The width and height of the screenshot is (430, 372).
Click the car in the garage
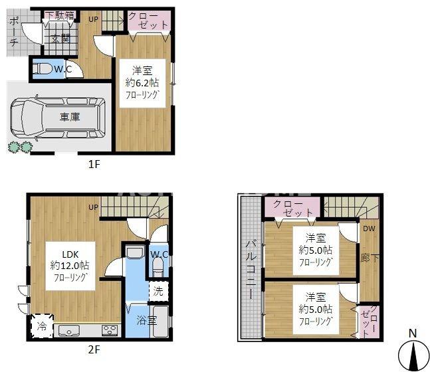coord(56,118)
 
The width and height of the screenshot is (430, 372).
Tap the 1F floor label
coord(94,164)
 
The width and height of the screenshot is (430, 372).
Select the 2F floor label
coord(93,349)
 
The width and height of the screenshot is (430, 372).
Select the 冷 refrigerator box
coord(42,326)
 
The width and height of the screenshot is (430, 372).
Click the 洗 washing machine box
coord(158,290)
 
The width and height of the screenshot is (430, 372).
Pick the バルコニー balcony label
coord(251,268)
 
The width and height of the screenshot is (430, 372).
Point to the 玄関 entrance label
coord(59,38)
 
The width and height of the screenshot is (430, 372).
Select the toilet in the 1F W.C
coord(44,68)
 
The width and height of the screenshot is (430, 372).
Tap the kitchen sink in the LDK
coord(69,330)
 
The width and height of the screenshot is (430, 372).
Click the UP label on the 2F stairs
coord(94,207)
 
